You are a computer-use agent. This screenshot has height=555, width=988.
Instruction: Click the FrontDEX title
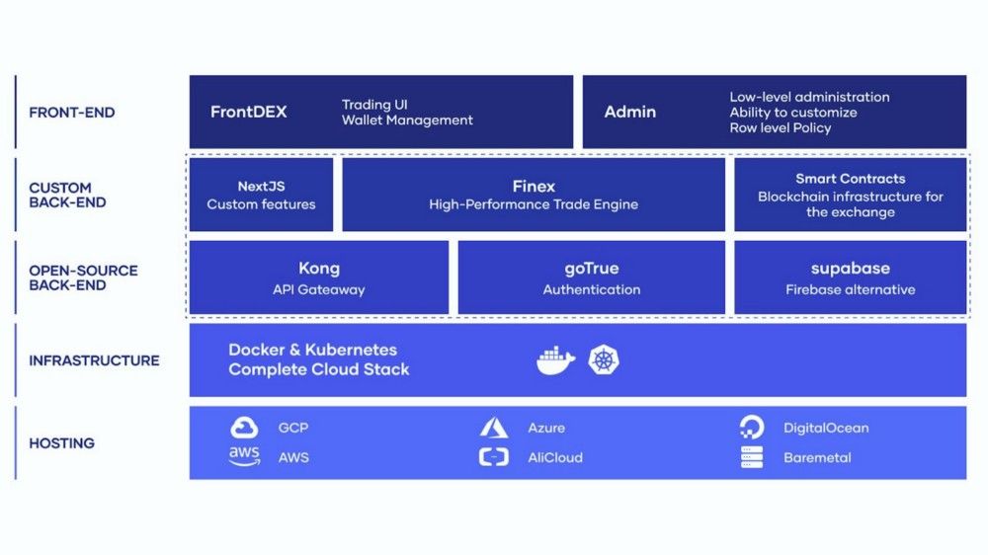pos(248,113)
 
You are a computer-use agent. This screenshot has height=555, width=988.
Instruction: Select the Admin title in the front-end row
pos(630,113)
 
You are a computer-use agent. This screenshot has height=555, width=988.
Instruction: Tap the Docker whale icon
pos(555,360)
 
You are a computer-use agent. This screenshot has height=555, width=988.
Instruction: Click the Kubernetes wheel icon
pos(604,360)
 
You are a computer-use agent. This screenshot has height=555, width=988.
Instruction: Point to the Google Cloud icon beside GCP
pos(244,428)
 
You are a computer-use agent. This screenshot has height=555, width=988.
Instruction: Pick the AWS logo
pos(244,456)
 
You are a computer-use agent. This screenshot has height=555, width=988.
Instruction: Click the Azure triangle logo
pos(494,428)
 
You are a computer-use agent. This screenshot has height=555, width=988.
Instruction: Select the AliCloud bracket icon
pos(494,456)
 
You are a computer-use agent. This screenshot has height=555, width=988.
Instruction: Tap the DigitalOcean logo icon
pos(751,428)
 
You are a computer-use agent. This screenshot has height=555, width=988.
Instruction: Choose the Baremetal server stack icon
pos(751,456)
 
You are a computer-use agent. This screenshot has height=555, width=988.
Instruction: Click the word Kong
pos(319,269)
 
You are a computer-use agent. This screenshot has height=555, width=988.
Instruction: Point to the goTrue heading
pos(592,269)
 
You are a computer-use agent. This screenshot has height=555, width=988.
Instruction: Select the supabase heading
pos(850,269)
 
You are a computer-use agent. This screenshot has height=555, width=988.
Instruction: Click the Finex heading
pos(534,187)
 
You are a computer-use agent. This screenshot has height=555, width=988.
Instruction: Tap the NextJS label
pos(261,187)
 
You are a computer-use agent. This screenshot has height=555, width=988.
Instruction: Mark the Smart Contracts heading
pos(850,179)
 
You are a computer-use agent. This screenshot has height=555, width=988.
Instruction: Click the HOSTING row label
pos(61,443)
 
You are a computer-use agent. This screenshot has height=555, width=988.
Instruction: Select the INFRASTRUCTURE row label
pos(94,361)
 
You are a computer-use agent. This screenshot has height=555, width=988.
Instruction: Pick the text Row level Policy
pos(781,127)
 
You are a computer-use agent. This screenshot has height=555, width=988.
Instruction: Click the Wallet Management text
pos(407,120)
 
